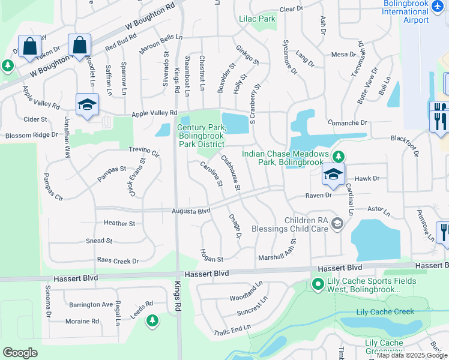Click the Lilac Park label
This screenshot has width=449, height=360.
click(257, 19)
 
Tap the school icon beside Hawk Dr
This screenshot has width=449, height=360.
click(333, 175)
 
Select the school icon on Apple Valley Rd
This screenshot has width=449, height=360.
click(87, 104)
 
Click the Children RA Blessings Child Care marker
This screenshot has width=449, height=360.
click(337, 224)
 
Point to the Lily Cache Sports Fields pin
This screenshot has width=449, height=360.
click(318, 284)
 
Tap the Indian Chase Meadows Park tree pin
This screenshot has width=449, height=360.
click(339, 157)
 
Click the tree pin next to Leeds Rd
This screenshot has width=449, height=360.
click(152, 321)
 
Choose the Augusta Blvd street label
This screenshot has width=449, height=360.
click(190, 211)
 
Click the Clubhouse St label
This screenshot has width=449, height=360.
click(231, 173)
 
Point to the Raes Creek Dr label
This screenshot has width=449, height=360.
click(118, 261)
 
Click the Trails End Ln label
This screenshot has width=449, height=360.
click(232, 329)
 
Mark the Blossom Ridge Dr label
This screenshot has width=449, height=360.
click(31, 135)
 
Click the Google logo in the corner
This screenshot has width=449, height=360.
click(20, 353)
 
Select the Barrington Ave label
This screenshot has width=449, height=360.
click(91, 305)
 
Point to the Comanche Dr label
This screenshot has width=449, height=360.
click(347, 122)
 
